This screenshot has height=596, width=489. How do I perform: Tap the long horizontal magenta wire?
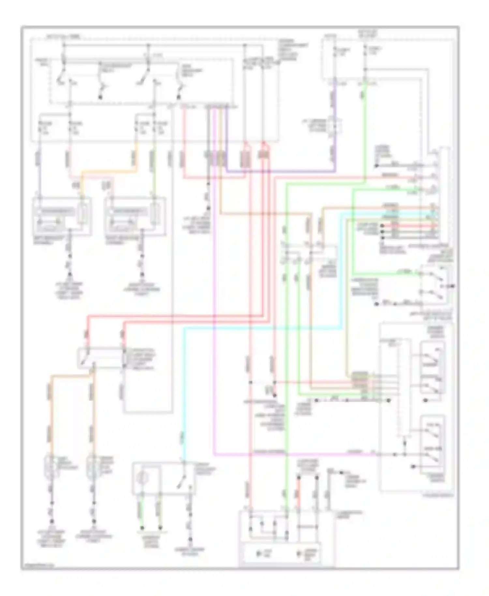click(293, 454)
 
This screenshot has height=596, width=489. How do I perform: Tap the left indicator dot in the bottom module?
click(259, 554)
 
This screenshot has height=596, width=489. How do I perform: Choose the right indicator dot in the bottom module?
click(298, 554)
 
